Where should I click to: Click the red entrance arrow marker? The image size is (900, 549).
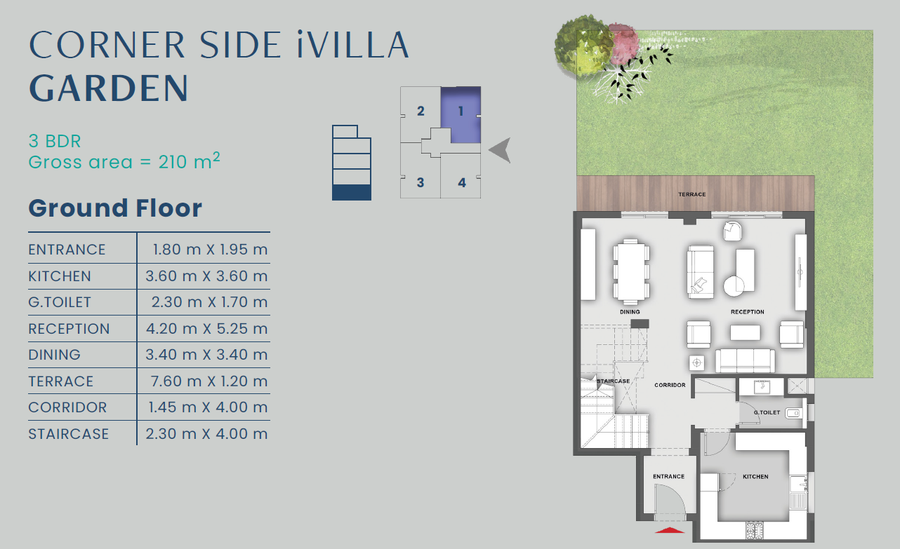click(669, 530)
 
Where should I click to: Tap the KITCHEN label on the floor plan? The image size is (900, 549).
click(755, 477)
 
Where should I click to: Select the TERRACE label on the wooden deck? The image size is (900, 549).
click(692, 194)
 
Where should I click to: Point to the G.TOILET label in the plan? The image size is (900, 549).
click(767, 412)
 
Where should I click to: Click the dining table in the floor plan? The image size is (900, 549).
click(631, 270)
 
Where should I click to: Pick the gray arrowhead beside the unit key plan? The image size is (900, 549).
click(500, 150)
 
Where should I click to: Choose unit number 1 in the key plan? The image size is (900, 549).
click(461, 111)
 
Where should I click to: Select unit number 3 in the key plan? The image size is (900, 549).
click(421, 182)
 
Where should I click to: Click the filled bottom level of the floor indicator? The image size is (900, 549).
click(352, 192)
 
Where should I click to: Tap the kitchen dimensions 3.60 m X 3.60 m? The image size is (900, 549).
click(206, 276)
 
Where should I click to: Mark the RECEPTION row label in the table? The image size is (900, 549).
click(69, 329)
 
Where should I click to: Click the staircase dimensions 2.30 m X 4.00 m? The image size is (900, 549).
click(206, 434)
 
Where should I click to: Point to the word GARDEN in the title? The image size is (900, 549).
click(109, 88)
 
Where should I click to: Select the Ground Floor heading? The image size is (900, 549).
click(115, 208)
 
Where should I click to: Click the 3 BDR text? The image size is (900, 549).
click(55, 141)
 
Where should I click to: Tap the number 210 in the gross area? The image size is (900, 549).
click(173, 162)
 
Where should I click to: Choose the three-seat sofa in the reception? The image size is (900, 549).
click(746, 360)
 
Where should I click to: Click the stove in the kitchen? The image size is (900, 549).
click(755, 530)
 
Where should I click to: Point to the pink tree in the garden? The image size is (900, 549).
click(623, 43)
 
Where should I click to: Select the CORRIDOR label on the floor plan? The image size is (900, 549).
click(670, 385)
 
